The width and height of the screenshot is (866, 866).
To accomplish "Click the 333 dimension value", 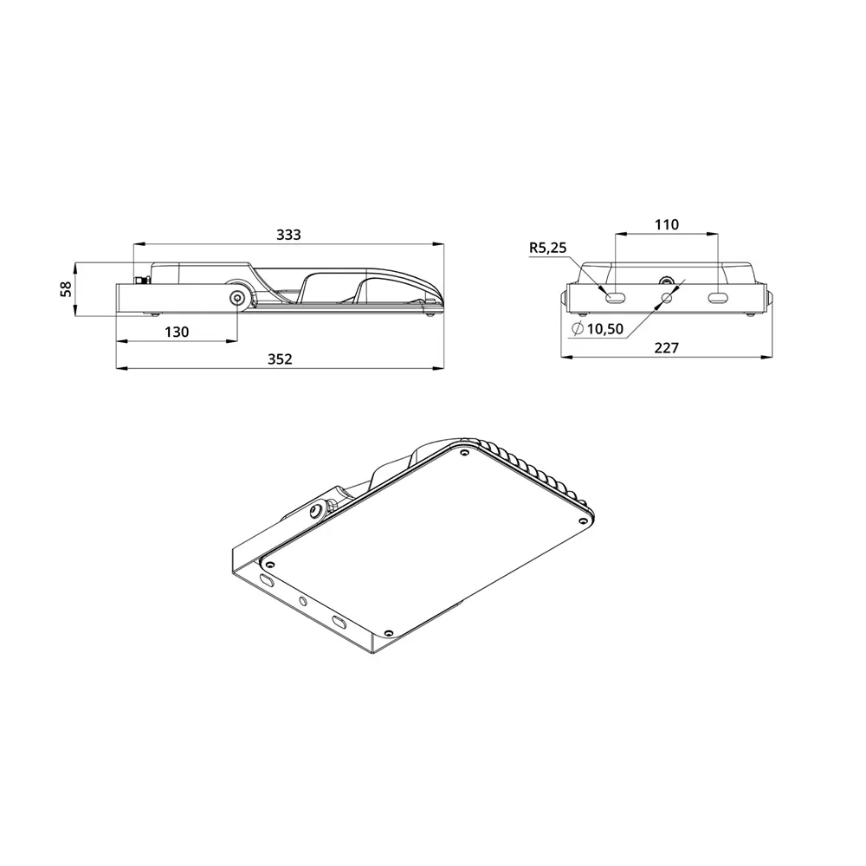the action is (288, 235).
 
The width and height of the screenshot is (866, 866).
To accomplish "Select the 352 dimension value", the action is (280, 359).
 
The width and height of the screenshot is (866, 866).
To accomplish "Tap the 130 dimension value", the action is (177, 332).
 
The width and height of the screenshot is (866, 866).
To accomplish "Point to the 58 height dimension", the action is (67, 289).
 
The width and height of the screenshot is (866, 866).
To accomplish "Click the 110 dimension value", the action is (667, 225).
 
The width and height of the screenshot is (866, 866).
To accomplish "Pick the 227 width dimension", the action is (666, 348).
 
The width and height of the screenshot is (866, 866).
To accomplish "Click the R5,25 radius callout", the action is (548, 248).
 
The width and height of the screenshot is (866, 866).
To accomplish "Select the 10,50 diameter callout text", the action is (604, 329).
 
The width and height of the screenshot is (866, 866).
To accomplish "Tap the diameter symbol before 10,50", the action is (578, 328).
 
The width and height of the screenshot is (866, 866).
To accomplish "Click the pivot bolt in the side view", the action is (238, 298).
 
